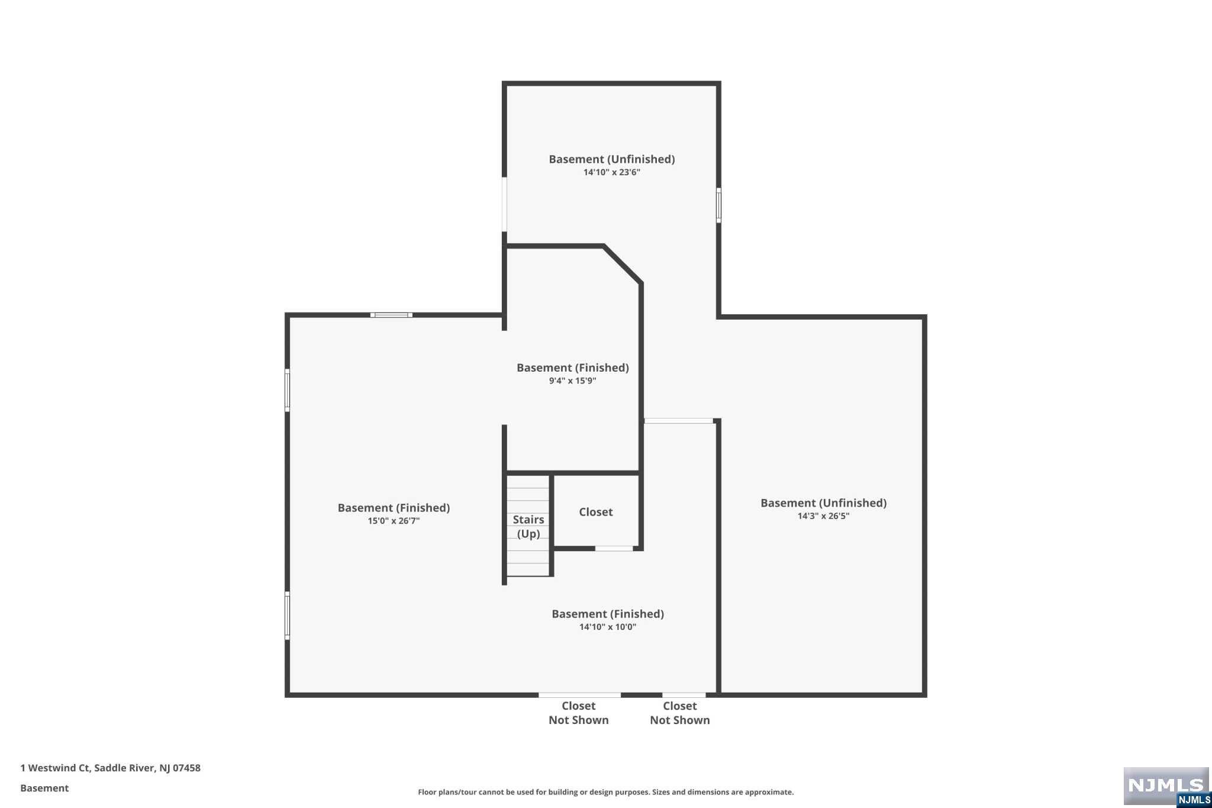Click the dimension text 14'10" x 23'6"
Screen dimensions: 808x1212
click(x=611, y=172)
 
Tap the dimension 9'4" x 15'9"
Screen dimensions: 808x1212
click(x=572, y=381)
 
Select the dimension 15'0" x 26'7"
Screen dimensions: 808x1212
click(x=394, y=521)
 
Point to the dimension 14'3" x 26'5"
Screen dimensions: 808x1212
click(x=823, y=516)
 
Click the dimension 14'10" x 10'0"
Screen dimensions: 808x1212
click(x=607, y=627)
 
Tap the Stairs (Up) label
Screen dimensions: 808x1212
click(x=528, y=526)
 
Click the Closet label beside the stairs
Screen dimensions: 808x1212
click(x=595, y=512)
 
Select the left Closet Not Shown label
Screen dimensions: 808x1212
click(x=578, y=713)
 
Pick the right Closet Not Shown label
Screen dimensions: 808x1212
click(x=679, y=713)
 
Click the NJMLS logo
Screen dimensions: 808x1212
click(x=1165, y=786)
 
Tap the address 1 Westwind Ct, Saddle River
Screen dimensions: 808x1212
click(x=110, y=768)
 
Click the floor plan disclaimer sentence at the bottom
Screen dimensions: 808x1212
click(x=605, y=792)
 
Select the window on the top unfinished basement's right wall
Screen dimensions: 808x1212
click(x=718, y=205)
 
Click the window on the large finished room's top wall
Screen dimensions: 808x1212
click(x=391, y=315)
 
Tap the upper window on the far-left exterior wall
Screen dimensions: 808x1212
click(x=288, y=390)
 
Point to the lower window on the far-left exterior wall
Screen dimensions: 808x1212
click(x=288, y=616)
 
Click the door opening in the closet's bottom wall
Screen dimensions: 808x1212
click(x=614, y=549)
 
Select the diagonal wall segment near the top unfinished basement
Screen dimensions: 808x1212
click(x=623, y=265)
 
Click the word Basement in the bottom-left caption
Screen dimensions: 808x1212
click(x=44, y=788)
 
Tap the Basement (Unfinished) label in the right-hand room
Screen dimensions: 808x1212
click(x=823, y=503)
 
